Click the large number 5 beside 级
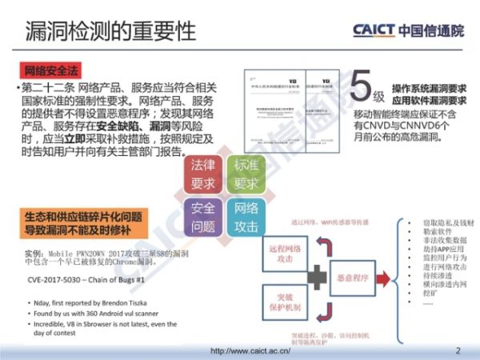coord(364,87)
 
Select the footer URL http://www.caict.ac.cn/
coord(248,350)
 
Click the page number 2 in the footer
coord(458,350)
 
